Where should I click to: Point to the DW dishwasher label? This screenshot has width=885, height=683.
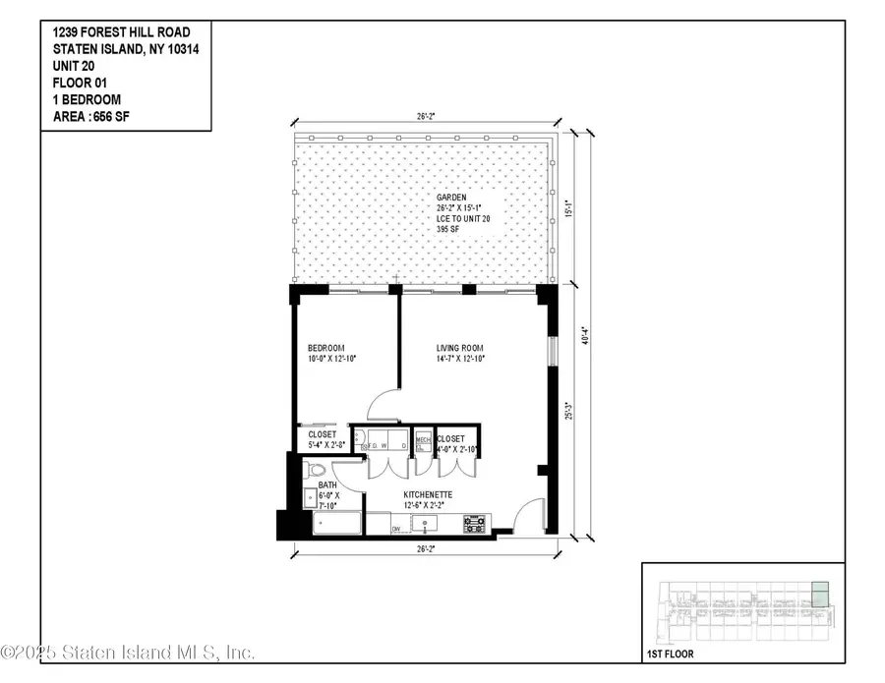397,529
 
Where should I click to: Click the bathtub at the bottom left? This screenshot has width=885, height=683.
335,523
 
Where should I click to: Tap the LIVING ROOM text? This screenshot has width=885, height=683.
460,349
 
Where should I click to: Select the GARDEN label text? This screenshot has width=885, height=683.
453,198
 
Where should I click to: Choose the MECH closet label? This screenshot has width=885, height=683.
423,441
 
